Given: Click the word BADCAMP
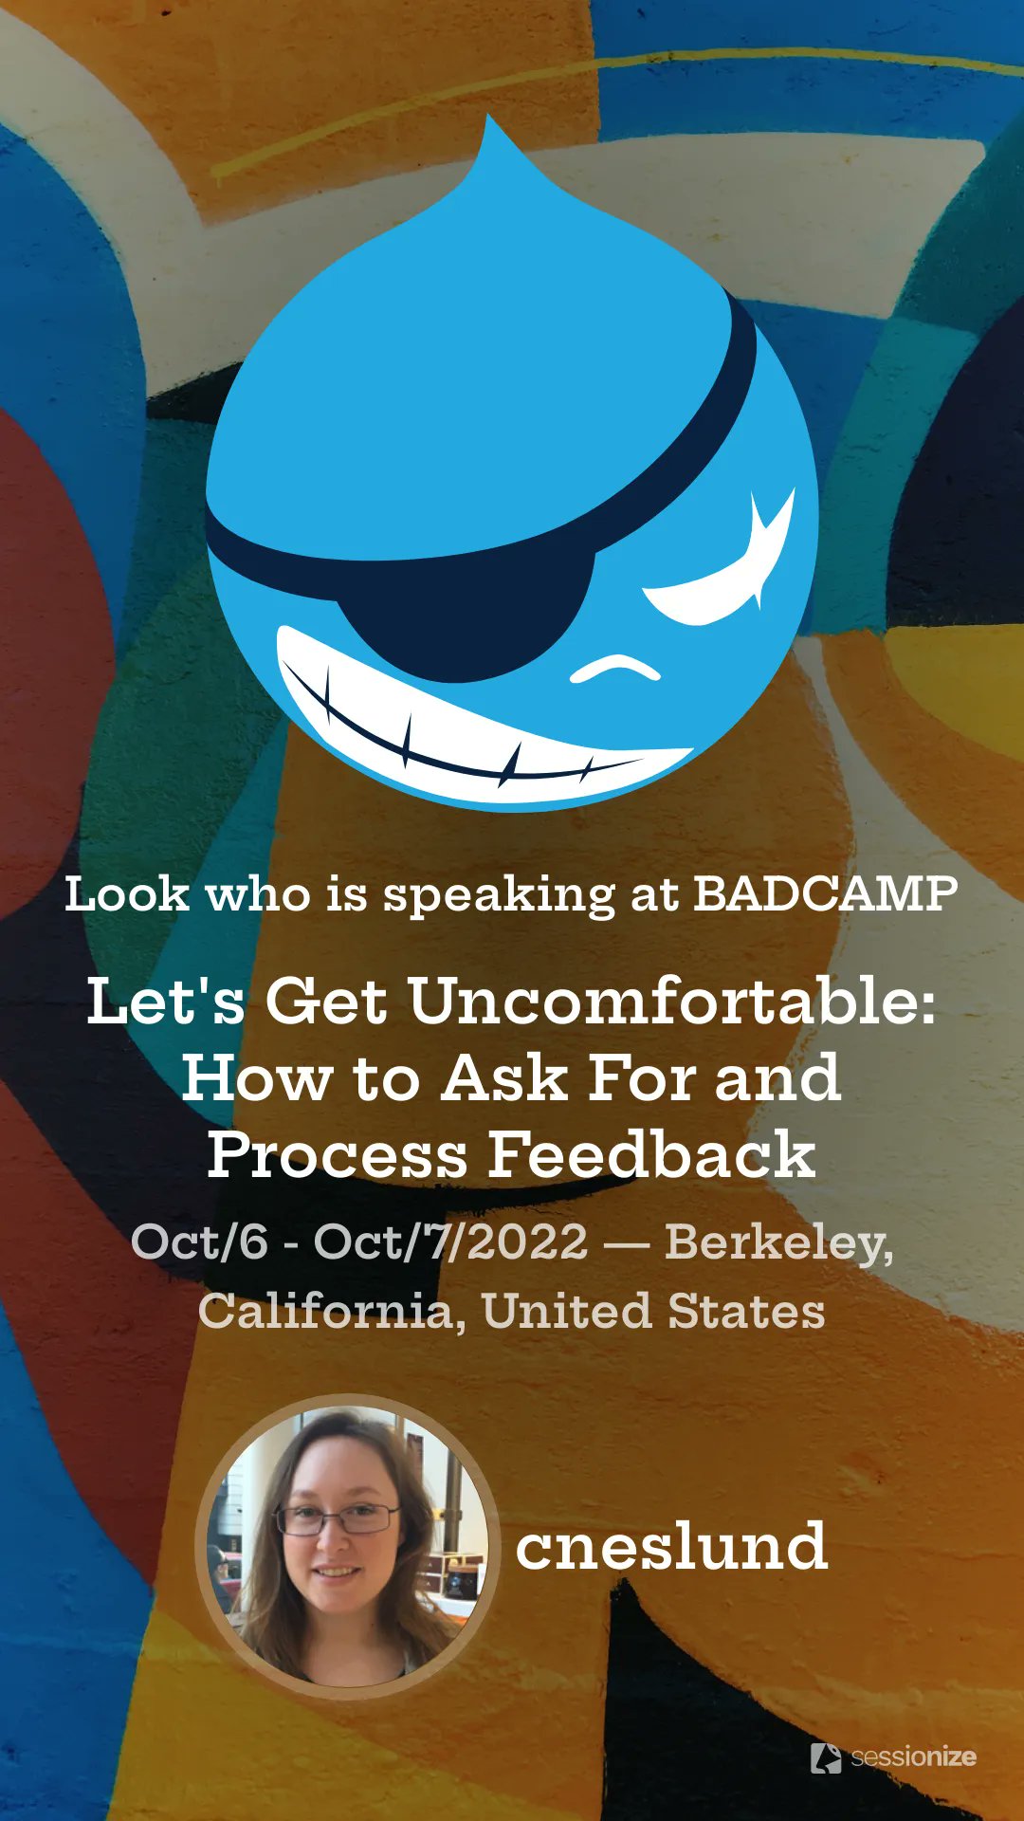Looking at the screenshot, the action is tap(826, 893).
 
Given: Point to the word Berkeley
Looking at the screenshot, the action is tap(778, 1242).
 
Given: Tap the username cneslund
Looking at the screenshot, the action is tap(671, 1546).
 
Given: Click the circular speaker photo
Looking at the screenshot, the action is tap(347, 1546).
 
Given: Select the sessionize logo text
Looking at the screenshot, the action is tap(913, 1757).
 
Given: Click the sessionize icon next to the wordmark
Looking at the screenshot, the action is tap(826, 1757).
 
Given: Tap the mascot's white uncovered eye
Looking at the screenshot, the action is tap(721, 569).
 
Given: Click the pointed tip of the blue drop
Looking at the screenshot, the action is tap(488, 116).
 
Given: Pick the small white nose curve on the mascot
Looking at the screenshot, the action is tap(614, 668).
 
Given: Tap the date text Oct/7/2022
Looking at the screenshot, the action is tap(451, 1242).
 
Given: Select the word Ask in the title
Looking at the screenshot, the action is tap(504, 1077).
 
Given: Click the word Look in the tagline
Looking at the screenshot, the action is tap(126, 893).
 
